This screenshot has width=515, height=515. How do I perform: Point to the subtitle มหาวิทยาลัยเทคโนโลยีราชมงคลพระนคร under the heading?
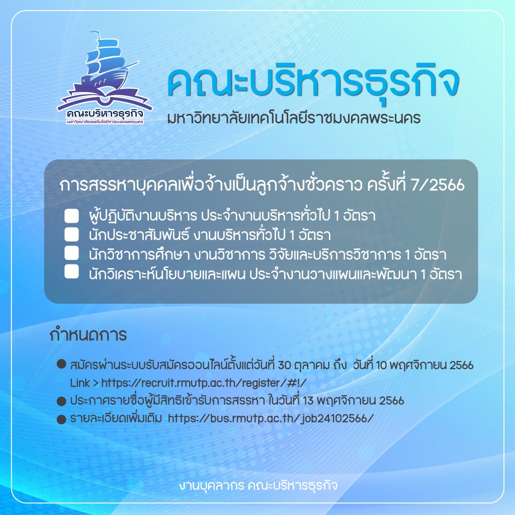294,118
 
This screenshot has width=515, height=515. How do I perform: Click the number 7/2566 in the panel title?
438,185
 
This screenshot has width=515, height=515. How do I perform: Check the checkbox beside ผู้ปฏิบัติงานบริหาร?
71,215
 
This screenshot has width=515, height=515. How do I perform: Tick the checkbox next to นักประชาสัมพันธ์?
71,234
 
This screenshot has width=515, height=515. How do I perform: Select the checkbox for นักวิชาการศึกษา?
71,253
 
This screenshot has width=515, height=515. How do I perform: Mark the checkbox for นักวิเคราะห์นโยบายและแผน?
71,272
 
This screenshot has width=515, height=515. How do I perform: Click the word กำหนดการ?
88,334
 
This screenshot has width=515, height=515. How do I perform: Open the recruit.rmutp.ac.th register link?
204,383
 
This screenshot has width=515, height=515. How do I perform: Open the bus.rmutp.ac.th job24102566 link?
271,418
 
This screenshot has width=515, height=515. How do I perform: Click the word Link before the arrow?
80,383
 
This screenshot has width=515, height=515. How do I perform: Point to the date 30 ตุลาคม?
304,365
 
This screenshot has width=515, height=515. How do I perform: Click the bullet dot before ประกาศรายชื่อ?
61,401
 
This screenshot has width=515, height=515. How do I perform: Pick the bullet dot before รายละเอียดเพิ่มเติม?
61,419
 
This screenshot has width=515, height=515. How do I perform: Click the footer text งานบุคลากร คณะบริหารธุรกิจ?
258,485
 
